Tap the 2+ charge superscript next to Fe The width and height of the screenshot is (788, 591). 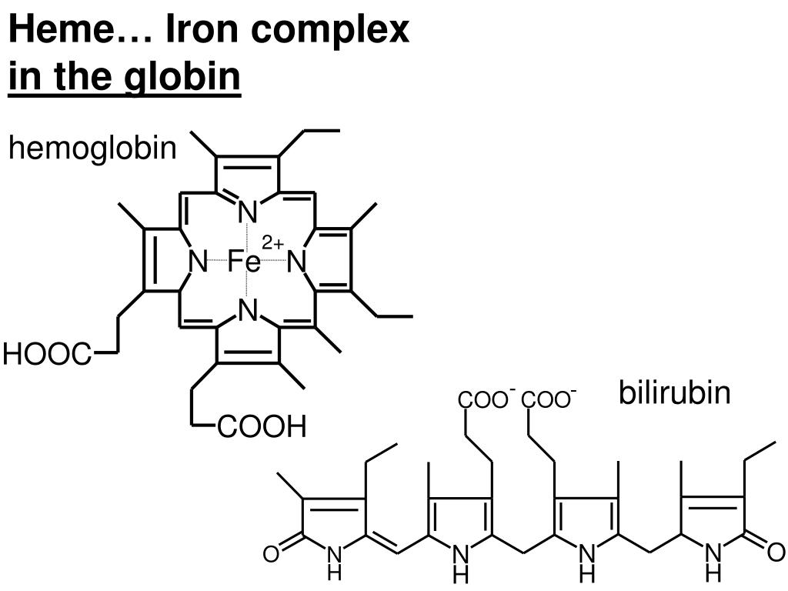point(272,244)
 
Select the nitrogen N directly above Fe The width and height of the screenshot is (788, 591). point(246,211)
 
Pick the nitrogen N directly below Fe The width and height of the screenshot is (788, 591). point(246,311)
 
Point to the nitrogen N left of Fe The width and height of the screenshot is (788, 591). point(198,262)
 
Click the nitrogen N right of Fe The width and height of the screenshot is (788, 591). point(297,262)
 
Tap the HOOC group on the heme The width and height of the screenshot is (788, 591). point(47,355)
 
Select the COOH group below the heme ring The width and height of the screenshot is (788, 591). point(262,426)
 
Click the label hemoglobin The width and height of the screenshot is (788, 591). point(92,149)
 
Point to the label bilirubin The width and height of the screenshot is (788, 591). point(674,392)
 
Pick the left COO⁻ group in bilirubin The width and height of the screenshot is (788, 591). point(486,400)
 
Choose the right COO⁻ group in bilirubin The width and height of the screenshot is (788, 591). point(549,400)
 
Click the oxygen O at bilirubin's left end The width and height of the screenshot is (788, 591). point(270,553)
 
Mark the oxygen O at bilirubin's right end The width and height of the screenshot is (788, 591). point(776,552)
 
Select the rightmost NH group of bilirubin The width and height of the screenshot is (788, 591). point(713,560)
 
